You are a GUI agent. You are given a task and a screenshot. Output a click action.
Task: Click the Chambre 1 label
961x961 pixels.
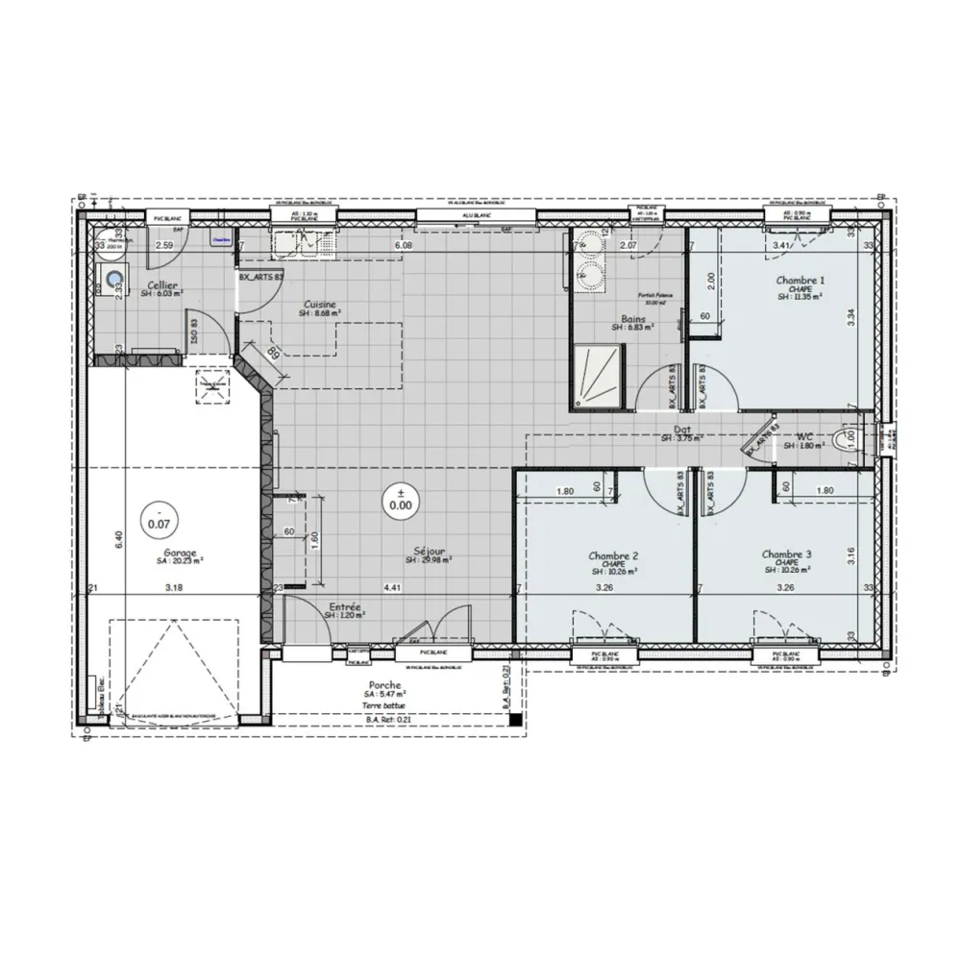[801, 281]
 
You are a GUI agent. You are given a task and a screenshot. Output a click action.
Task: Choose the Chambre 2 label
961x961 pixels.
[614, 555]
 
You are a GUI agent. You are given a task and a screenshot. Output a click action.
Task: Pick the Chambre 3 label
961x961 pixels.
[787, 554]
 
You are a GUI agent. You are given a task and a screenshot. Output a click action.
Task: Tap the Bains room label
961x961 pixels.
[632, 318]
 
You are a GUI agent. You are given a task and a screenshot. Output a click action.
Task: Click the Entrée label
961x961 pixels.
[345, 607]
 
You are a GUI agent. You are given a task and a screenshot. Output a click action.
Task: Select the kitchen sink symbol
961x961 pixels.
[303, 243]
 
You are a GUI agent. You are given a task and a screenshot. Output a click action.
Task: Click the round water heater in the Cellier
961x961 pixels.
[115, 280]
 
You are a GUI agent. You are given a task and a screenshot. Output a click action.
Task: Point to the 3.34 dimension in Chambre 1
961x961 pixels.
[850, 318]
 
